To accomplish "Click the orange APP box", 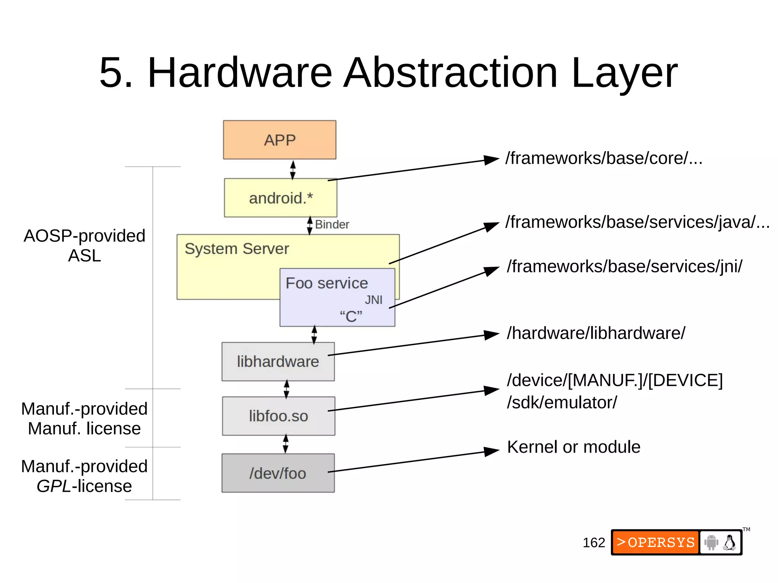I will [x=280, y=140].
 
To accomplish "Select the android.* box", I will [x=280, y=198].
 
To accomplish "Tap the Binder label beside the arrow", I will [x=332, y=224].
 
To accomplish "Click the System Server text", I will [x=237, y=249].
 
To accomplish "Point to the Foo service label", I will [x=327, y=283].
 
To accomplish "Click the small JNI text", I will [x=373, y=300].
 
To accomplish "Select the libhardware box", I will [x=278, y=362].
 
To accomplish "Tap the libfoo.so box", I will [x=278, y=416].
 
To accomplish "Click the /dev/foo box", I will [x=278, y=473].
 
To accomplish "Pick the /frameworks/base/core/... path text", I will [x=604, y=158].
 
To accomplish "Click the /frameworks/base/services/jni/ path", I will [x=624, y=267].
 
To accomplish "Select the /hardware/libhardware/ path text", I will [x=596, y=333].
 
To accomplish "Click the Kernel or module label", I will [x=573, y=447].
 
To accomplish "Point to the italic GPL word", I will [x=54, y=486].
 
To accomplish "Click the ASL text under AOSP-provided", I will [x=84, y=256].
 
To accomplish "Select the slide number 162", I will [x=594, y=543].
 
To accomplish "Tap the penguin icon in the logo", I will [x=729, y=543].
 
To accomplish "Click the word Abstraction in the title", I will [x=451, y=73].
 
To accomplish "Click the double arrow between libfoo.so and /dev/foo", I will [x=286, y=444].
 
